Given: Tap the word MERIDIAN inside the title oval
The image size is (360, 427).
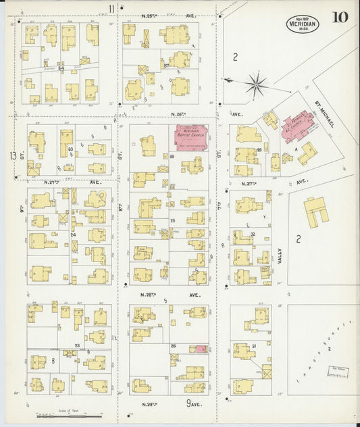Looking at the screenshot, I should (x=299, y=21).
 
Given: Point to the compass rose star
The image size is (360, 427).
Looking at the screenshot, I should (x=255, y=84).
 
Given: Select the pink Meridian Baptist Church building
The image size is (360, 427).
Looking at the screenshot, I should (x=191, y=133).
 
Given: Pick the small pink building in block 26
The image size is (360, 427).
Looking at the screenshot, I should (x=201, y=349).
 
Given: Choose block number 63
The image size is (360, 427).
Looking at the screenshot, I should (x=70, y=147).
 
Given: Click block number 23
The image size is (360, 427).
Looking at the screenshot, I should (x=78, y=345).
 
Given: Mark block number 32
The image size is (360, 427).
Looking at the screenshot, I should (x=253, y=234).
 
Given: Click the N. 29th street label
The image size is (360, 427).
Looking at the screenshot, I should (x=149, y=404).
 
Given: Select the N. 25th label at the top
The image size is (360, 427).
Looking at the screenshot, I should (x=149, y=14).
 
